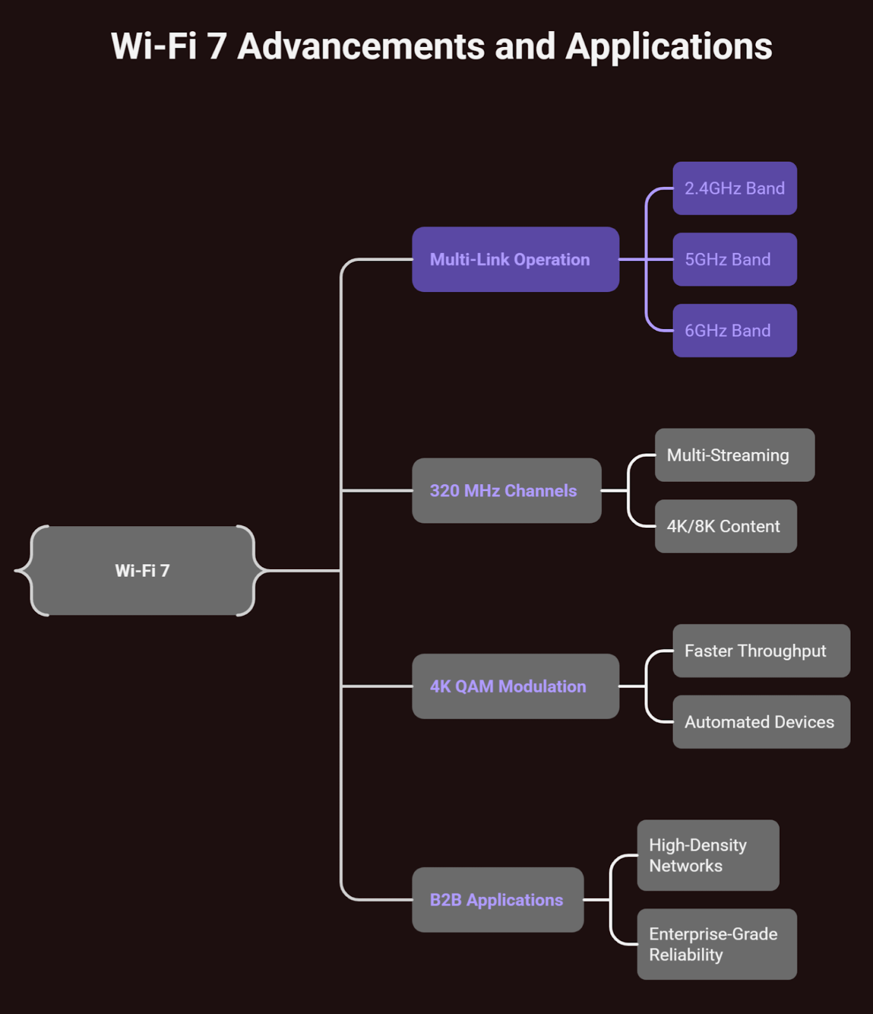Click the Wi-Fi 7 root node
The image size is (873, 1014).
[x=143, y=570]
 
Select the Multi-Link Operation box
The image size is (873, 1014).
[x=515, y=259]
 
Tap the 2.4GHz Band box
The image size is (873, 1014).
[x=734, y=188]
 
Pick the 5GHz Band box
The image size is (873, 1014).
[x=734, y=259]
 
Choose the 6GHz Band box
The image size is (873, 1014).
[x=734, y=330]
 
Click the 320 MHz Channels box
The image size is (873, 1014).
[x=506, y=491]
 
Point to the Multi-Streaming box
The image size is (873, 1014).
[x=734, y=455]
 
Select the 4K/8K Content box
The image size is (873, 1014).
[x=725, y=526]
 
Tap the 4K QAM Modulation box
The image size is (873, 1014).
[x=515, y=686]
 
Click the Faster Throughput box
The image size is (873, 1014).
[x=761, y=651]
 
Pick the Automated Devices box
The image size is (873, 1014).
[x=761, y=722]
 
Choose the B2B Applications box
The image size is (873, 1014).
[x=497, y=899]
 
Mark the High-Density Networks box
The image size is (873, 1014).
[x=708, y=855]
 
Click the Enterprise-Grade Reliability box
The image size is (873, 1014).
[x=717, y=944]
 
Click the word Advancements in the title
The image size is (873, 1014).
[x=361, y=47]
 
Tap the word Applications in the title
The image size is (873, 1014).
[x=668, y=47]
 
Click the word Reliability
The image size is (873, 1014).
[x=686, y=955]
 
